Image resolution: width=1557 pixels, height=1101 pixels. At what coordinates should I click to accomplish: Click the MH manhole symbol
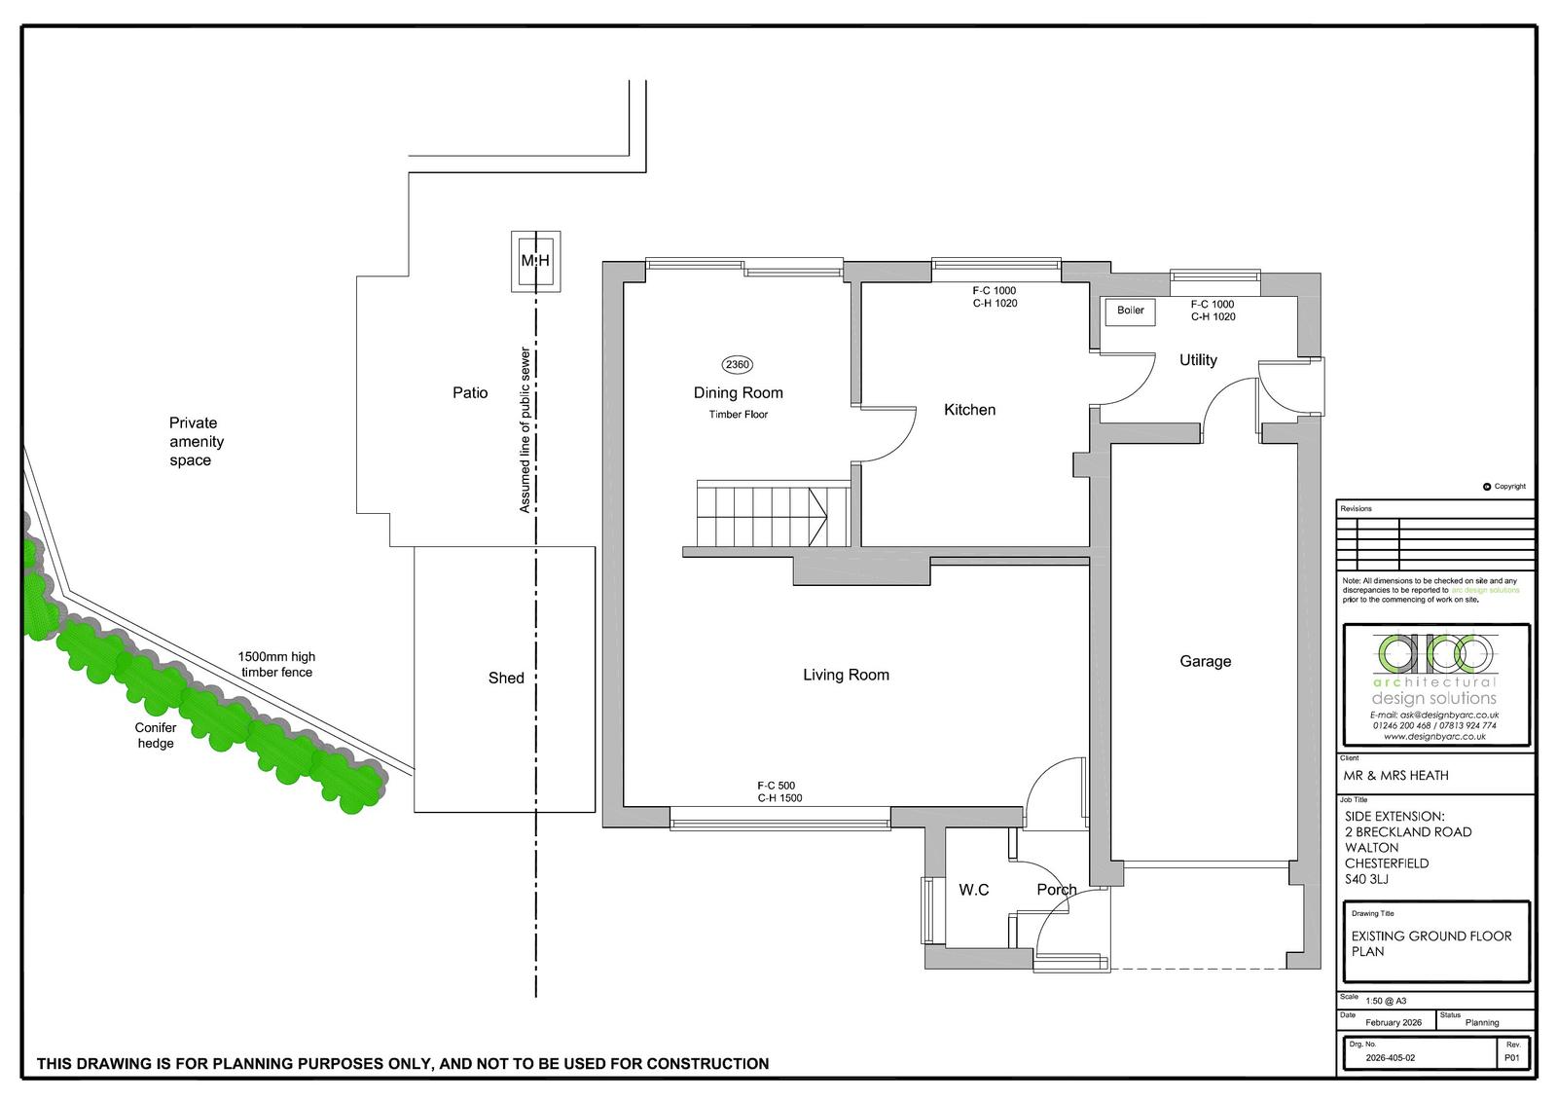[x=535, y=262]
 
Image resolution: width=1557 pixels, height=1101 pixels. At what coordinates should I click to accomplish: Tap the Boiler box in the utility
[x=1130, y=311]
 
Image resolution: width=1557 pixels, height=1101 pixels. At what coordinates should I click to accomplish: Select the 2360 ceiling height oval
[x=737, y=364]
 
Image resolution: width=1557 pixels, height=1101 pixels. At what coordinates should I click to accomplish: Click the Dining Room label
[x=739, y=393]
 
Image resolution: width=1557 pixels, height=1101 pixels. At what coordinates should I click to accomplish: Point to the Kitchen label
[x=969, y=411]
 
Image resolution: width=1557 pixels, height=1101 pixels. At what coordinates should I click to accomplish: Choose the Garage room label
[x=1206, y=661]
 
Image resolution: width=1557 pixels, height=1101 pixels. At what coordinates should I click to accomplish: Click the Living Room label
[x=846, y=675]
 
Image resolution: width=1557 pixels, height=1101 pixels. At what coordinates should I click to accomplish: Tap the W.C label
[x=973, y=890]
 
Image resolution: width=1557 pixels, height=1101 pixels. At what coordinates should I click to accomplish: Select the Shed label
[x=506, y=679]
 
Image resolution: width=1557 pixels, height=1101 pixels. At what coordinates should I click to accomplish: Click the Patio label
[x=470, y=393]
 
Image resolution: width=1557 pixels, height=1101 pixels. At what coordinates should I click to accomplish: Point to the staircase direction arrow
[x=817, y=517]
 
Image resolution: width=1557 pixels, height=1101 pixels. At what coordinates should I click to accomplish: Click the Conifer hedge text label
[x=156, y=735]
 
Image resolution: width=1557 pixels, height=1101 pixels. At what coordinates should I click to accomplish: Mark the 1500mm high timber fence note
[x=276, y=664]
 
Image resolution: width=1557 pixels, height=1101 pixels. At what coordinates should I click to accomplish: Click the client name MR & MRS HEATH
[x=1395, y=776]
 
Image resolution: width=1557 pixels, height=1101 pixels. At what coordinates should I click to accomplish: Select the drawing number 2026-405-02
[x=1391, y=1058]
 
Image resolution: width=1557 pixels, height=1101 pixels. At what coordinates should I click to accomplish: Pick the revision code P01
[x=1512, y=1058]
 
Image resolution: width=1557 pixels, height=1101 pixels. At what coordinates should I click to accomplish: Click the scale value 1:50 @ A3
[x=1386, y=1001]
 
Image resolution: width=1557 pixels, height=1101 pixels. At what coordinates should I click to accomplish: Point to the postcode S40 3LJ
[x=1366, y=879]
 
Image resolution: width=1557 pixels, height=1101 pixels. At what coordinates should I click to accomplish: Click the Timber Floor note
[x=739, y=415]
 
